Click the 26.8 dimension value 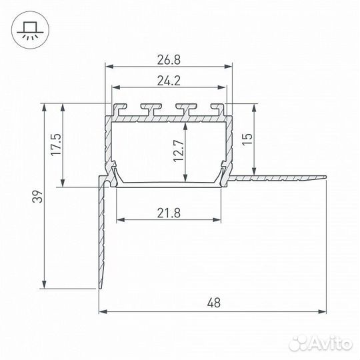169,60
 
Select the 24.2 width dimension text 169,81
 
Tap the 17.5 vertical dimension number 56,145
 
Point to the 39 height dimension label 37,196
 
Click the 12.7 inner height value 179,151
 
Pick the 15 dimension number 247,139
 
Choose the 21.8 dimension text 169,213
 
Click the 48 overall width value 214,303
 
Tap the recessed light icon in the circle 30,30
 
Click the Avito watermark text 330,344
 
